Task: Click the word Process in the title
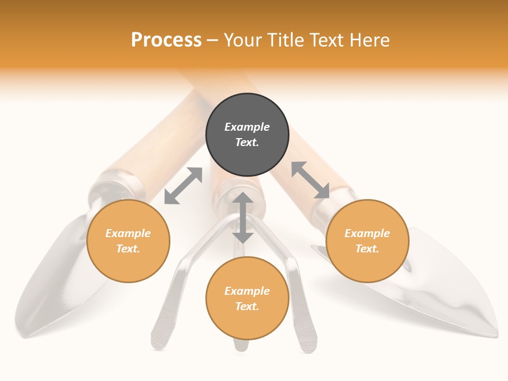[x=166, y=40]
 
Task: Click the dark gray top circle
[x=247, y=134]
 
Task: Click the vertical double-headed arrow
[x=243, y=217]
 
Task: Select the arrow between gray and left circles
[x=183, y=186]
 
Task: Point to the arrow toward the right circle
[x=311, y=180]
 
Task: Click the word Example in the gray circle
[x=247, y=127]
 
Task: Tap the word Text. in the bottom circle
[x=247, y=306]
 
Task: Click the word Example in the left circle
[x=128, y=233]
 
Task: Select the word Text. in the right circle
[x=367, y=249]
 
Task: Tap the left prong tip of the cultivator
[x=158, y=339]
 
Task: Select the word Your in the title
[x=242, y=40]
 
